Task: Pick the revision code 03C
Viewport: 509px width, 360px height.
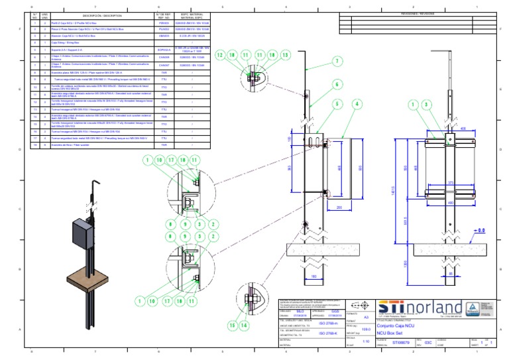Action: click(x=428, y=343)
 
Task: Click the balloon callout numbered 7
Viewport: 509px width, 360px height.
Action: click(x=336, y=61)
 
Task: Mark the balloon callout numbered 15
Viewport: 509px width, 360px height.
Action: click(x=233, y=326)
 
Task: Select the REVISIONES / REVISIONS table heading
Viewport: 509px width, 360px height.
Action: click(x=417, y=13)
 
